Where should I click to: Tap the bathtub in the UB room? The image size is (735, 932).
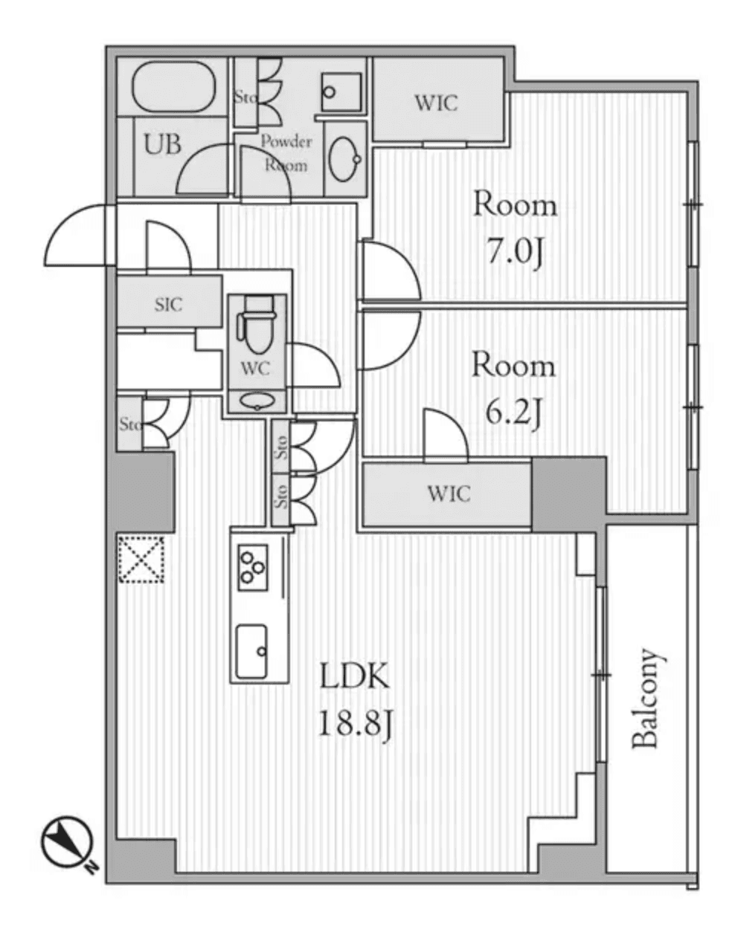173,88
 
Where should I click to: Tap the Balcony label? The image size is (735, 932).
645,699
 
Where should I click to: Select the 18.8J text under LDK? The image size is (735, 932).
354,722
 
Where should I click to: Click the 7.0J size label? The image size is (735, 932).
514,252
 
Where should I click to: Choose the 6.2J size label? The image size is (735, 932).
513,413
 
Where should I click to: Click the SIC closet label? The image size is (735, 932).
169,304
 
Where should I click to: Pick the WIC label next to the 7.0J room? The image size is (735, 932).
436,103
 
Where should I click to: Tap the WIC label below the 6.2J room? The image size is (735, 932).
449,493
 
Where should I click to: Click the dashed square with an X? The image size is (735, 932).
141,558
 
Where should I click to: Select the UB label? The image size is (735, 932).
162,144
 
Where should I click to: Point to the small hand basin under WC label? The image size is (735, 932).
257,401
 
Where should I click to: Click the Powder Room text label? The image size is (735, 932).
286,152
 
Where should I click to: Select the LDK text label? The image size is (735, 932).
354,677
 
